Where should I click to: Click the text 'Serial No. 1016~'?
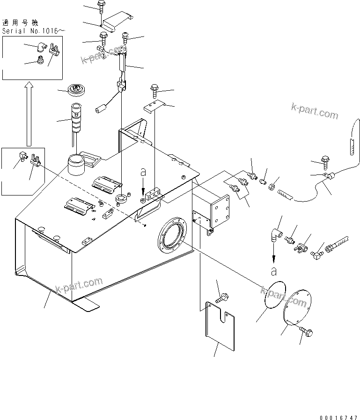[33, 30]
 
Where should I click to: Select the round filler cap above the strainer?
[76, 89]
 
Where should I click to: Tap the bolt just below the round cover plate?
[307, 333]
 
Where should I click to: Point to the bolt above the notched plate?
[221, 296]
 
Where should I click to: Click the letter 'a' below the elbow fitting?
[273, 270]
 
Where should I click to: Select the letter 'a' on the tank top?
[144, 173]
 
